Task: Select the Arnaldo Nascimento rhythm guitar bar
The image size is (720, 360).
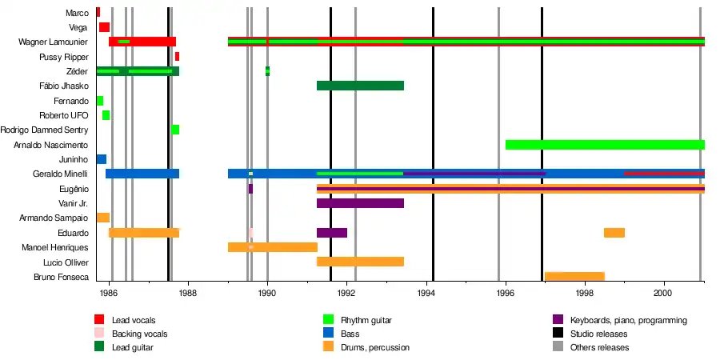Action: [604, 145]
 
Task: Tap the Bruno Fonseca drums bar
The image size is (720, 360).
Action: [574, 277]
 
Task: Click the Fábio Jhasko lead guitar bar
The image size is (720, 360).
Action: [360, 86]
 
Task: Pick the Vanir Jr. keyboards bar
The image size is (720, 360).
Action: [360, 203]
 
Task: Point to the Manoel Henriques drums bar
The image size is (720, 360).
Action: [272, 247]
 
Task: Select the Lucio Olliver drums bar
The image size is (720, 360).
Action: [360, 262]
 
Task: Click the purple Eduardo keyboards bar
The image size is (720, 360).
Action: [332, 233]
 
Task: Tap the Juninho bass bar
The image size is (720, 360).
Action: [101, 159]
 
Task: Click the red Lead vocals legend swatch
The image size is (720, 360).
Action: [99, 320]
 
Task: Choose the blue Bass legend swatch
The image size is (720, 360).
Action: [327, 334]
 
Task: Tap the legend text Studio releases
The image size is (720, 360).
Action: [599, 334]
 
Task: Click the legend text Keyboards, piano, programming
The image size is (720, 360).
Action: [629, 320]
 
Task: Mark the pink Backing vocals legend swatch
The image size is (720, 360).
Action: [99, 334]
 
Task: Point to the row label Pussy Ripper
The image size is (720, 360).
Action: [64, 58]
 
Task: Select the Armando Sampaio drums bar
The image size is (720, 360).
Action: [103, 218]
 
